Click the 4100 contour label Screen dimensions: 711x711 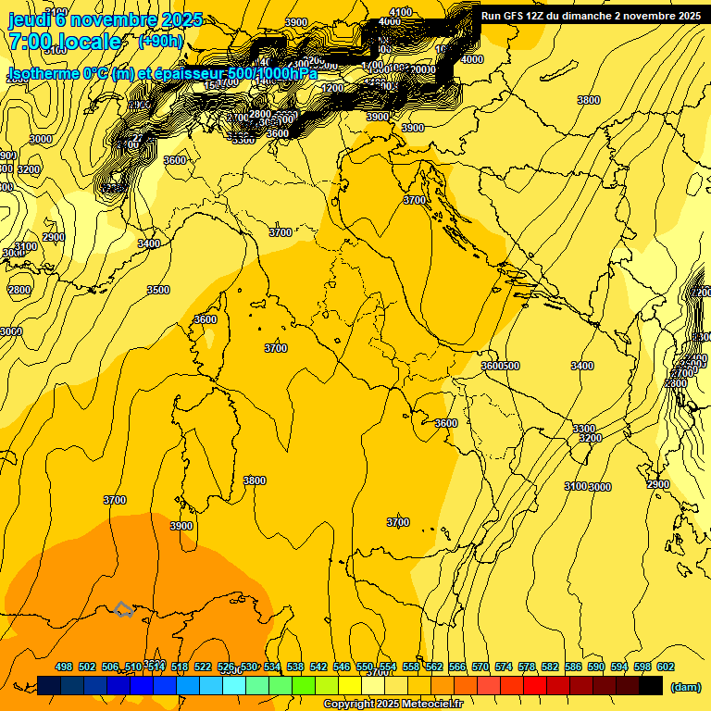click(400, 12)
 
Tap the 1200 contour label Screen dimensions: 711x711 click(332, 89)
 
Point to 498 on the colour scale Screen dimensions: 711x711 click(64, 667)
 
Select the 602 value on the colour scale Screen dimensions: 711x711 click(666, 667)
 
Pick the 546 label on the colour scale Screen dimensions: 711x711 click(342, 667)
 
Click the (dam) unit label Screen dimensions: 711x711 click(685, 687)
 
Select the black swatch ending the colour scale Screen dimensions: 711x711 click(651, 685)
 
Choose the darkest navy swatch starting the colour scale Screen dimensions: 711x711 click(49, 685)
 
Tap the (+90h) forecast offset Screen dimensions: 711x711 click(161, 42)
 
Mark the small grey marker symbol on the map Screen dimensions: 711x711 click(123, 609)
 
